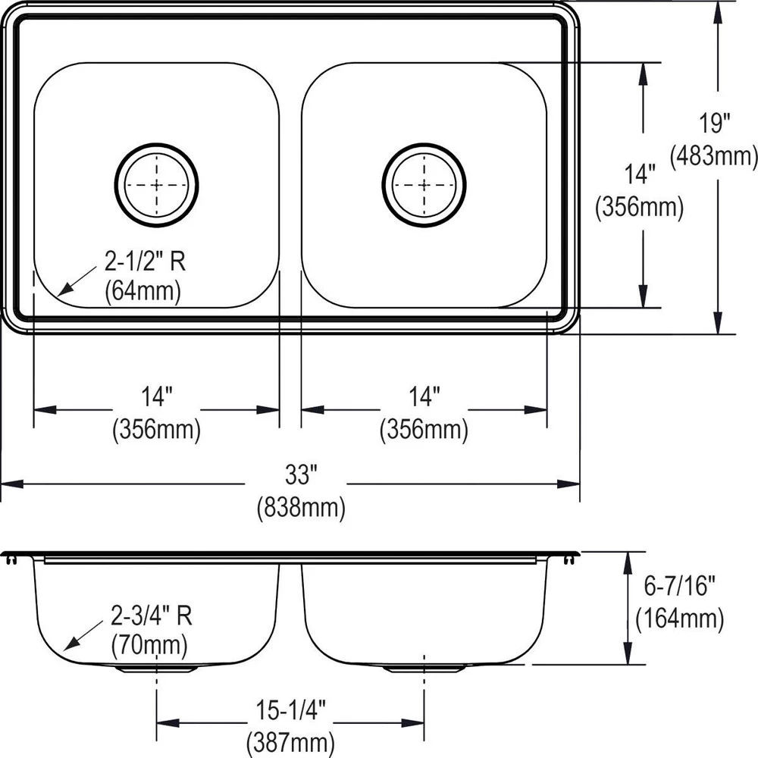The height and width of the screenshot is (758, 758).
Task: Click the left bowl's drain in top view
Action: tap(157, 184)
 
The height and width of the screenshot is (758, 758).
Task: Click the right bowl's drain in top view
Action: tap(424, 184)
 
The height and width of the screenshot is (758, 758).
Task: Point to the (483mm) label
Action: tap(714, 155)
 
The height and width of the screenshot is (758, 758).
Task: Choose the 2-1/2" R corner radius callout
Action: tap(144, 263)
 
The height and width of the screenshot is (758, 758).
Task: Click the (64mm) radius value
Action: tap(143, 291)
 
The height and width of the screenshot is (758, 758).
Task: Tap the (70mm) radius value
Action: tap(149, 645)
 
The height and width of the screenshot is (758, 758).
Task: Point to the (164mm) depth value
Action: tap(679, 619)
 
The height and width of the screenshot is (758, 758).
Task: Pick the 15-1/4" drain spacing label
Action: tap(290, 711)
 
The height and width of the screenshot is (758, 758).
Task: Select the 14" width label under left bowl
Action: tap(157, 396)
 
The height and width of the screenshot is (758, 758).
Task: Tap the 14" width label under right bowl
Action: tap(424, 396)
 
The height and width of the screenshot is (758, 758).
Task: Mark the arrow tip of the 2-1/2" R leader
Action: tap(59, 294)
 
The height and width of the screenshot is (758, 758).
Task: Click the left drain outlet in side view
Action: tap(157, 669)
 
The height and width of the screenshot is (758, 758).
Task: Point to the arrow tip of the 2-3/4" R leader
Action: tap(65, 650)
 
